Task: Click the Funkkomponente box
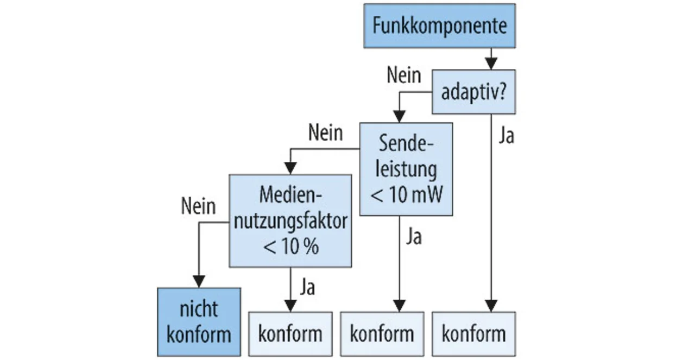(440, 26)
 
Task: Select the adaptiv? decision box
(474, 92)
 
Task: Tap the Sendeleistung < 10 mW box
(406, 169)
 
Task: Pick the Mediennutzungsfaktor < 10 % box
(290, 221)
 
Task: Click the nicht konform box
(199, 322)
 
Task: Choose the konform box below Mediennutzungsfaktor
(290, 334)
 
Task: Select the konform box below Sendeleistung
(382, 334)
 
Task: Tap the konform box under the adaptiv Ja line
(474, 334)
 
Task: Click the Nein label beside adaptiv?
(404, 75)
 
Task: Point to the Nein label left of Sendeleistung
(325, 133)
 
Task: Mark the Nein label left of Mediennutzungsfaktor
(198, 206)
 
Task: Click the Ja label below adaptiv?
(507, 136)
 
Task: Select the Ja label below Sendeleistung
(414, 237)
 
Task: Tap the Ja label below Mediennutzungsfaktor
(307, 287)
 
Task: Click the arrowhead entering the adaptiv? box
(491, 64)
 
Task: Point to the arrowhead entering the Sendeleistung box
(399, 117)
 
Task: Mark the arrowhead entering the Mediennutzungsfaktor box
(290, 168)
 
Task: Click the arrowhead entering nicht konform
(199, 282)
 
